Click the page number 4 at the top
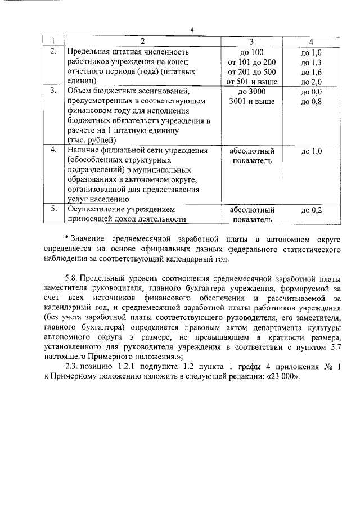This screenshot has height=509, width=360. click(x=191, y=30)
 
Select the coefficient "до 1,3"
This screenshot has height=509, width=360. click(x=311, y=62)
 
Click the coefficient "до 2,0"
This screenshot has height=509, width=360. click(x=311, y=82)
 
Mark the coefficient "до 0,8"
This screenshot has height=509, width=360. click(x=311, y=102)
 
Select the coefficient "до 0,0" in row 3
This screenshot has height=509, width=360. click(x=311, y=92)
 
